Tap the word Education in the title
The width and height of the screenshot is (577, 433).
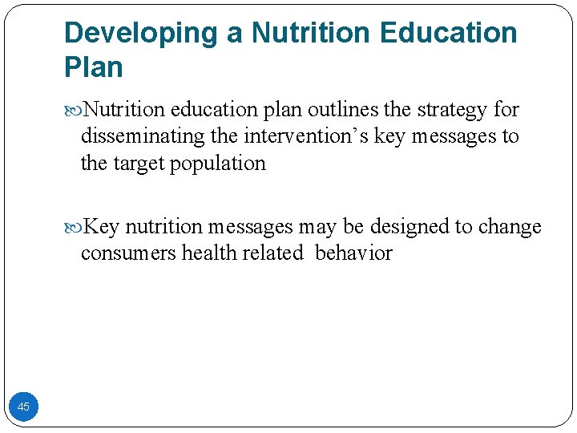450,34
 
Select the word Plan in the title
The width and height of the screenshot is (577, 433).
94,67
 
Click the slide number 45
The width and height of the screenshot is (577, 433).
23,407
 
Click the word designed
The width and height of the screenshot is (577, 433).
410,227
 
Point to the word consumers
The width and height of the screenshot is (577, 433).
128,253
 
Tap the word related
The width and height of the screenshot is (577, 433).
272,253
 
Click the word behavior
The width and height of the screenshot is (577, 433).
353,253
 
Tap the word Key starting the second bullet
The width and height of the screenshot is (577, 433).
102,227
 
